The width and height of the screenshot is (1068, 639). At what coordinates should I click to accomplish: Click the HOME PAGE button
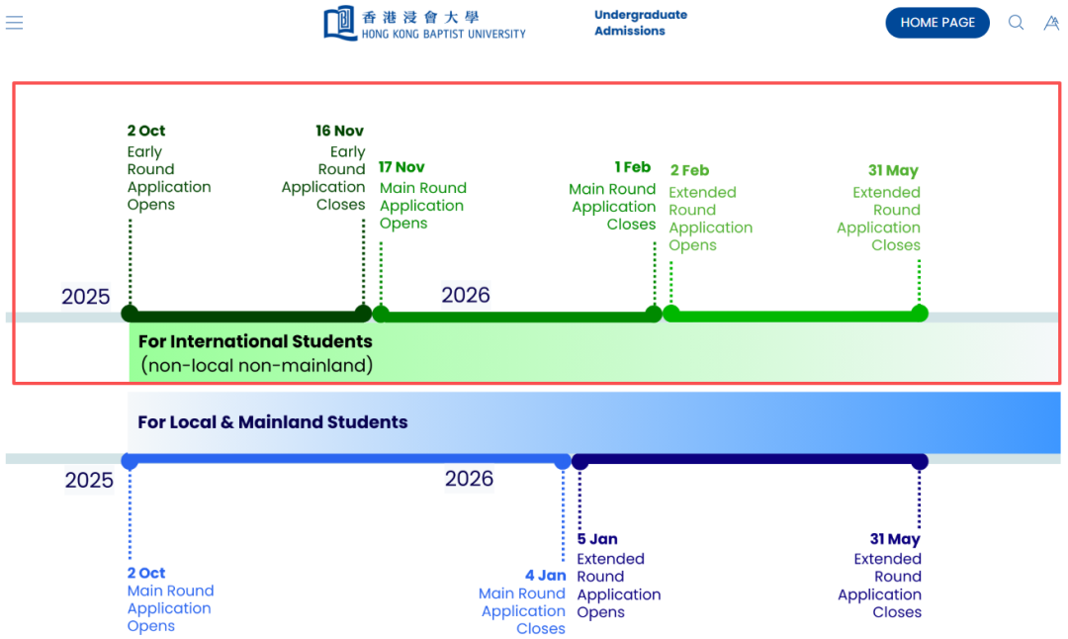(937, 23)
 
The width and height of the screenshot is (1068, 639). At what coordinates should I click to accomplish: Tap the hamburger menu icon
(14, 23)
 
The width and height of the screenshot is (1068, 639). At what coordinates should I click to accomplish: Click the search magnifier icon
(1016, 23)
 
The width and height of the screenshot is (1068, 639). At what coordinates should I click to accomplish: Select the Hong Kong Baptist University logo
(424, 23)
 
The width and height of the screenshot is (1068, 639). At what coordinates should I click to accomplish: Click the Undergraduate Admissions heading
(641, 23)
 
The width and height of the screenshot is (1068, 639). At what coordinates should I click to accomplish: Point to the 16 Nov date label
(340, 131)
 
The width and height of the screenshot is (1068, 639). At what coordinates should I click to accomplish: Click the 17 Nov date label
(401, 167)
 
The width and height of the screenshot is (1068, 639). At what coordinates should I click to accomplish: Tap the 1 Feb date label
(632, 167)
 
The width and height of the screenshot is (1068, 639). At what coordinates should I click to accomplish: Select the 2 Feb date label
(689, 170)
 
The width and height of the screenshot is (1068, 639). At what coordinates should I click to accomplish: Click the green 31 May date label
(893, 170)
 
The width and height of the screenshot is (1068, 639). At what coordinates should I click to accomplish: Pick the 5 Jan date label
(597, 539)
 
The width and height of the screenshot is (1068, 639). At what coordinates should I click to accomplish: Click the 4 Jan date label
(545, 575)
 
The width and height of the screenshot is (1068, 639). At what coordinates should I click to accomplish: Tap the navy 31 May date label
(895, 539)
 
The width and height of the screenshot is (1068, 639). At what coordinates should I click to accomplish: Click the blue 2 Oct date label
(146, 573)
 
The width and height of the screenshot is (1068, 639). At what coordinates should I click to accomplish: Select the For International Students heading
(255, 341)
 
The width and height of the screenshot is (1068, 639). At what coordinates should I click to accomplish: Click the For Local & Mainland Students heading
(272, 422)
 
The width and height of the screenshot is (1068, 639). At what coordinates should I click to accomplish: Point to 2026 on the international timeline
(466, 295)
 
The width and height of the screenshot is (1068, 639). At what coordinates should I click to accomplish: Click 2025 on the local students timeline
(89, 481)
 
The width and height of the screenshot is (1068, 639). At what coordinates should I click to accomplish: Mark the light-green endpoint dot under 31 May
(920, 314)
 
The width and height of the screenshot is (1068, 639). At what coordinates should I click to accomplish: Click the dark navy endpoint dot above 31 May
(920, 461)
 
